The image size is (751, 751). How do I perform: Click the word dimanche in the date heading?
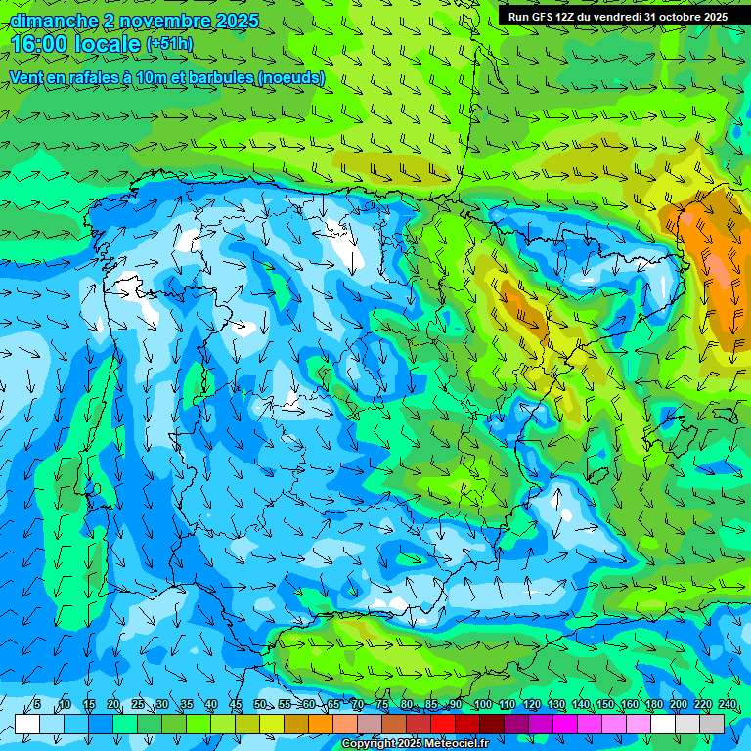click(54, 21)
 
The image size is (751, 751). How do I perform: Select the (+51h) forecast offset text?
click(169, 44)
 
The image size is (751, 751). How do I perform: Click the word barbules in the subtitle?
click(212, 78)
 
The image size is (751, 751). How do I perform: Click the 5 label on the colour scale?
click(37, 705)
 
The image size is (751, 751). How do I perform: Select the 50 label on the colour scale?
click(260, 705)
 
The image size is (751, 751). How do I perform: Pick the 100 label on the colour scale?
click(483, 705)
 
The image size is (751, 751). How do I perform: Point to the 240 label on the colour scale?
click(728, 705)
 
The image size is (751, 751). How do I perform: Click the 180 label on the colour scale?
click(654, 705)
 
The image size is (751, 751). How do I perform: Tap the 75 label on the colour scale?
click(382, 705)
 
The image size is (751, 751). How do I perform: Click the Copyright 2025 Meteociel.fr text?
click(417, 744)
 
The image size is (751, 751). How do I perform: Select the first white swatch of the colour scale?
click(27, 724)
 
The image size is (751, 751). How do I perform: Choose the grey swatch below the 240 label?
click(712, 724)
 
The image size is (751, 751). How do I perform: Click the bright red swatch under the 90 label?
click(443, 724)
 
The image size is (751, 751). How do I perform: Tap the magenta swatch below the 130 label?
click(565, 724)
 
